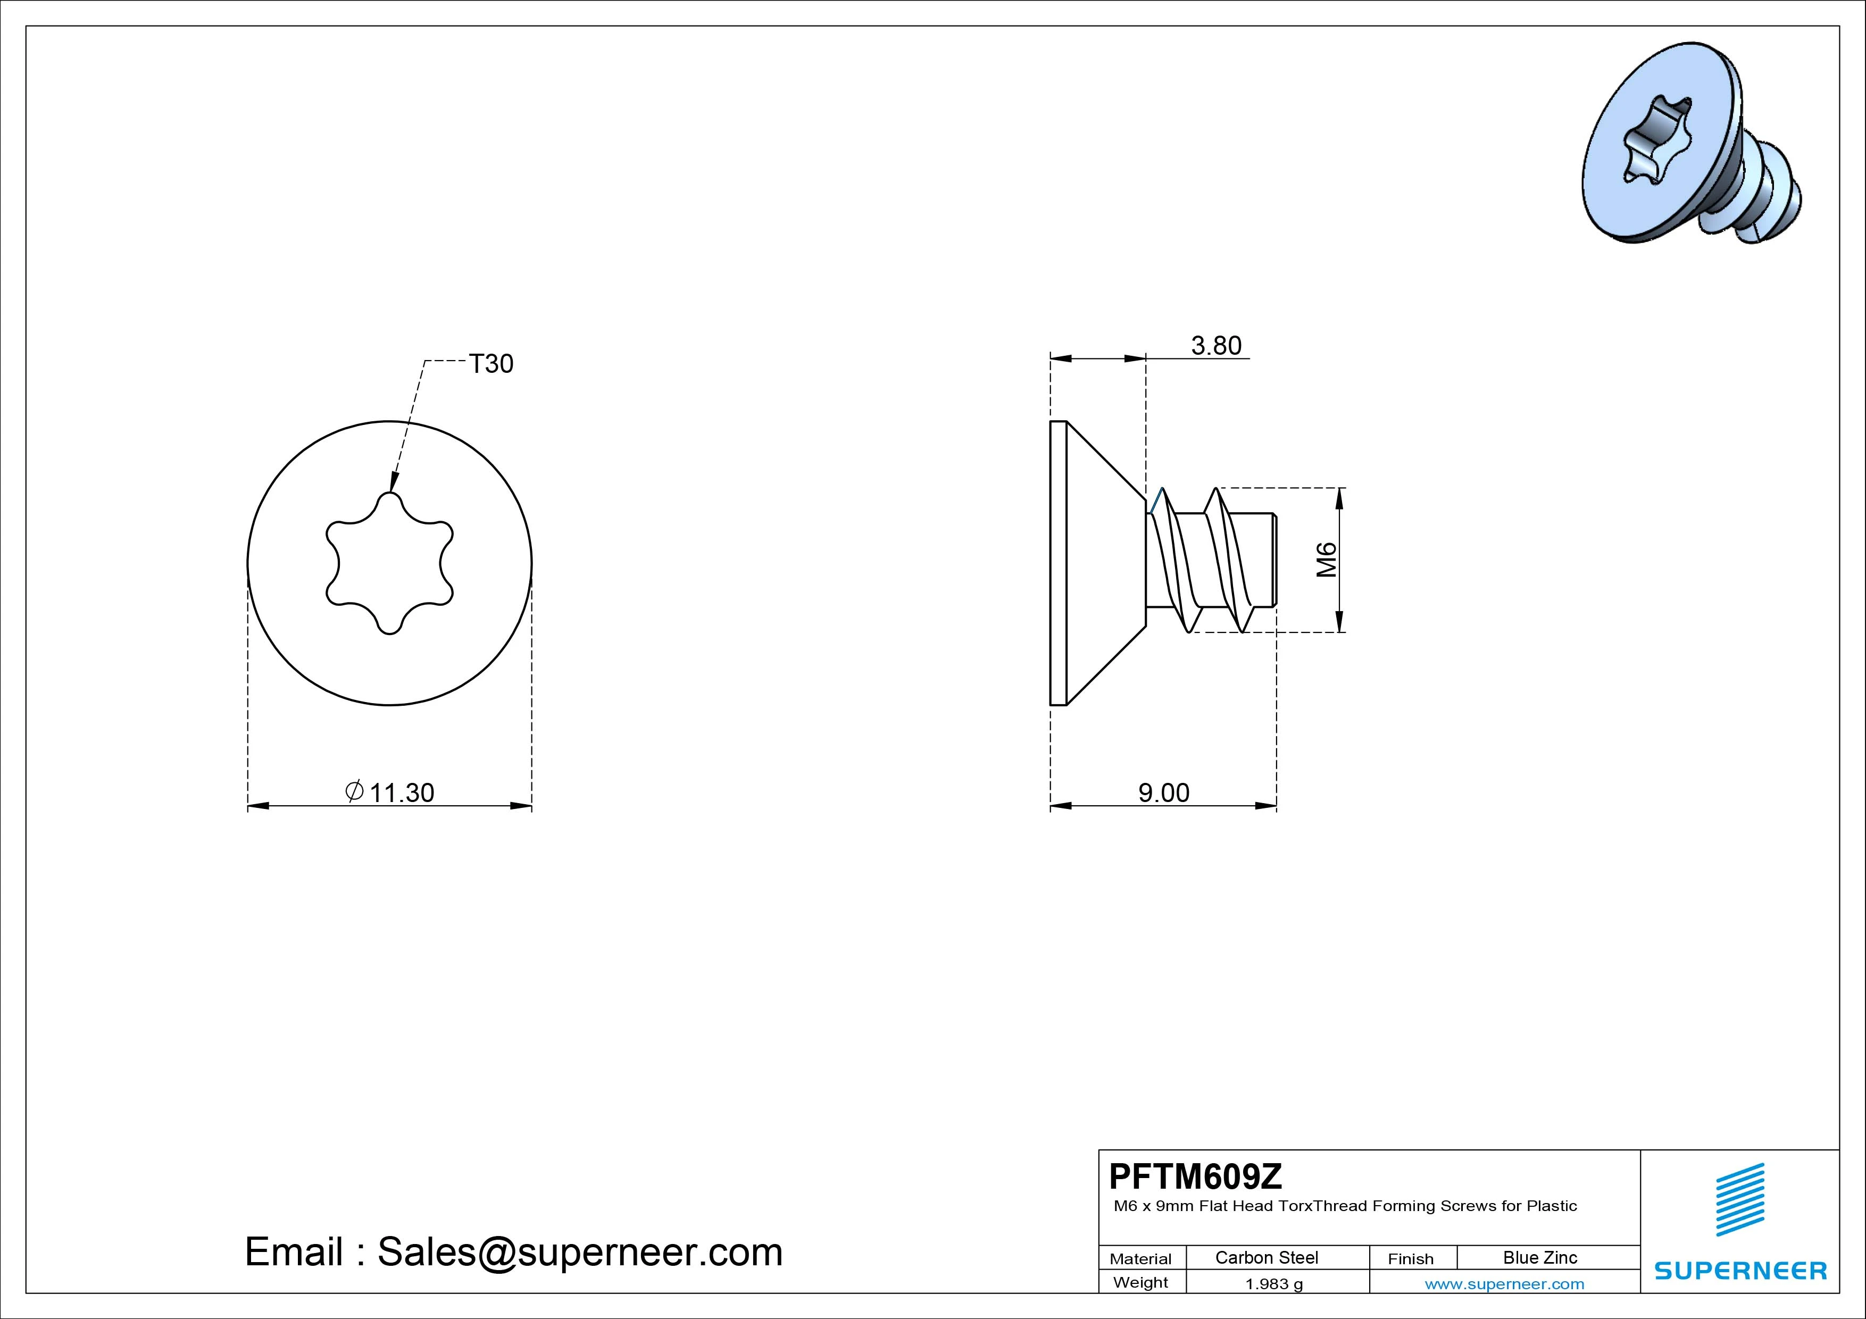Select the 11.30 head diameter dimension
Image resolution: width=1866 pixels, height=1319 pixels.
pos(402,792)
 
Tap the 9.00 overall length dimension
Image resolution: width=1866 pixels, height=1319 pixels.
pos(1164,792)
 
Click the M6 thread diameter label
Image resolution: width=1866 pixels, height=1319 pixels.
pos(1326,560)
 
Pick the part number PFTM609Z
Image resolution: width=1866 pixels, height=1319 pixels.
pos(1196,1175)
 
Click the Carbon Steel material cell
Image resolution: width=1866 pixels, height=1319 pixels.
pos(1266,1257)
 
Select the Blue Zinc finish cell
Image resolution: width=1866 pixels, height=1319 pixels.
pos(1540,1257)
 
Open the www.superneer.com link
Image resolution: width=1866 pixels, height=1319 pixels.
pos(1504,1284)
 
